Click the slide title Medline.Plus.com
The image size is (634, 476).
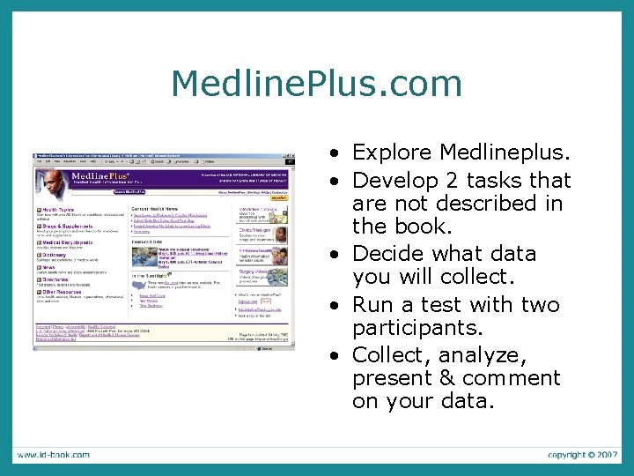click(317, 84)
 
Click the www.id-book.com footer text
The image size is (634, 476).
click(53, 455)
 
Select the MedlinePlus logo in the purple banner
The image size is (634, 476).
click(99, 177)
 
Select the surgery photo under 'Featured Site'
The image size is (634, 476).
click(144, 257)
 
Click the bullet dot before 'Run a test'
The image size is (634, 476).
click(337, 306)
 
